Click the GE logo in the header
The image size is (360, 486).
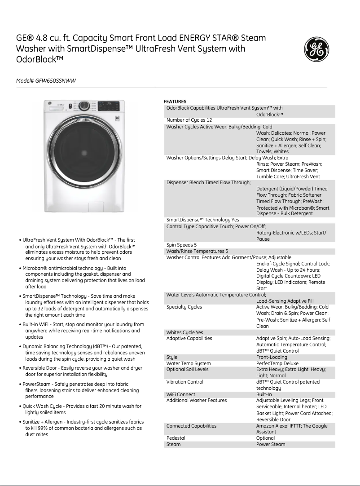317,49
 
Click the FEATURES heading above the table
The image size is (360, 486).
175,102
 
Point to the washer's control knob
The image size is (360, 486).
83,106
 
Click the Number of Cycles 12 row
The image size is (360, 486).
189,120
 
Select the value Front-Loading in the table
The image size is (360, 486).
272,358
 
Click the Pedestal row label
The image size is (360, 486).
176,438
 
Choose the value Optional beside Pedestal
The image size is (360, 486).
265,438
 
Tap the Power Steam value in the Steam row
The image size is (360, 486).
271,444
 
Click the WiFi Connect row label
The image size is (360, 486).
181,394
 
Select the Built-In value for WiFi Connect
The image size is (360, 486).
264,394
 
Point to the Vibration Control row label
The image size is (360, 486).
184,382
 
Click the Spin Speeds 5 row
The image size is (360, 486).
182,245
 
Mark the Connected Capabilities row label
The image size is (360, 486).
191,426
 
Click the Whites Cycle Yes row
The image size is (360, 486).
184,332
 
